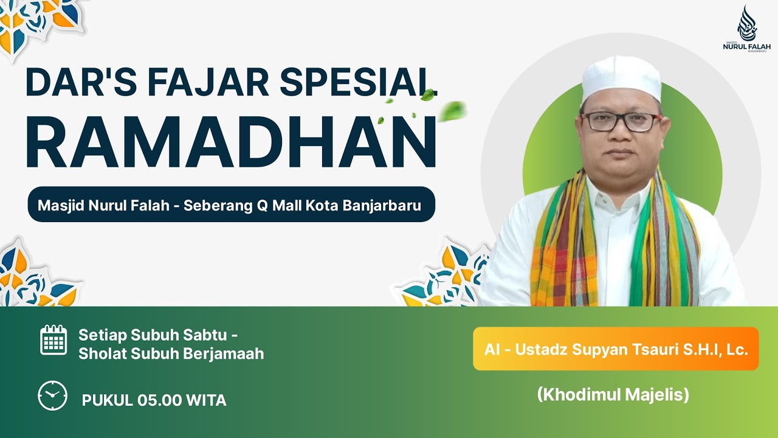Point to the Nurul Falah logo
point(746,30)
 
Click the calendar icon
point(53,340)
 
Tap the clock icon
point(53,395)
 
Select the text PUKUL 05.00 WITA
point(154,400)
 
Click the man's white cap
point(621,78)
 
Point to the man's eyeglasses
point(621,122)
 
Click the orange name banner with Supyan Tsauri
point(616,349)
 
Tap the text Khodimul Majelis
point(613,395)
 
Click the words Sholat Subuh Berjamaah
point(171,353)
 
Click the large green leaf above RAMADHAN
point(452,111)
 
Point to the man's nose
point(621,134)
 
